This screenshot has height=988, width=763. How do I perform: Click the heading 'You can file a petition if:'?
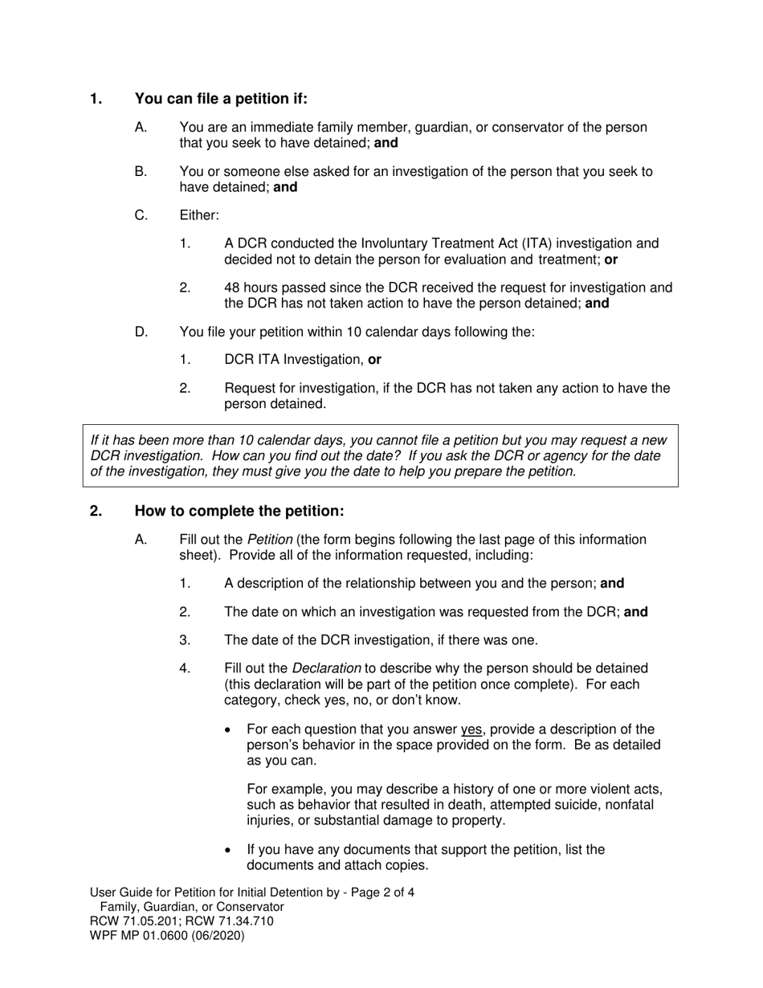(221, 99)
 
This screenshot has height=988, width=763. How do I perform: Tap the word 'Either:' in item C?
(199, 215)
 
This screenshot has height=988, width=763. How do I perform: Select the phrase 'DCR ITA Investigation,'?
(294, 360)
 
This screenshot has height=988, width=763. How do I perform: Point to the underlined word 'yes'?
(471, 729)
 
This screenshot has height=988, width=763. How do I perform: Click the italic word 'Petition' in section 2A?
(270, 540)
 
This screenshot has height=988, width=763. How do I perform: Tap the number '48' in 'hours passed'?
(232, 288)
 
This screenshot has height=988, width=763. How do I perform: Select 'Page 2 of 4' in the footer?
(381, 892)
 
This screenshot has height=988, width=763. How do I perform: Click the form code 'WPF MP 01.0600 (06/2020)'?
(167, 936)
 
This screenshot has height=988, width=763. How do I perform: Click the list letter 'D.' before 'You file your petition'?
(142, 332)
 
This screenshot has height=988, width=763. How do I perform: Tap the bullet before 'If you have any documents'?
(231, 851)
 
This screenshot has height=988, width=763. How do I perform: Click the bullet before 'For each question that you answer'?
(231, 730)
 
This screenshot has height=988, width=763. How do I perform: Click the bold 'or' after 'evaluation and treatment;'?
(611, 259)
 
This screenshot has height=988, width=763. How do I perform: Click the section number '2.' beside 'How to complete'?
(96, 512)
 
